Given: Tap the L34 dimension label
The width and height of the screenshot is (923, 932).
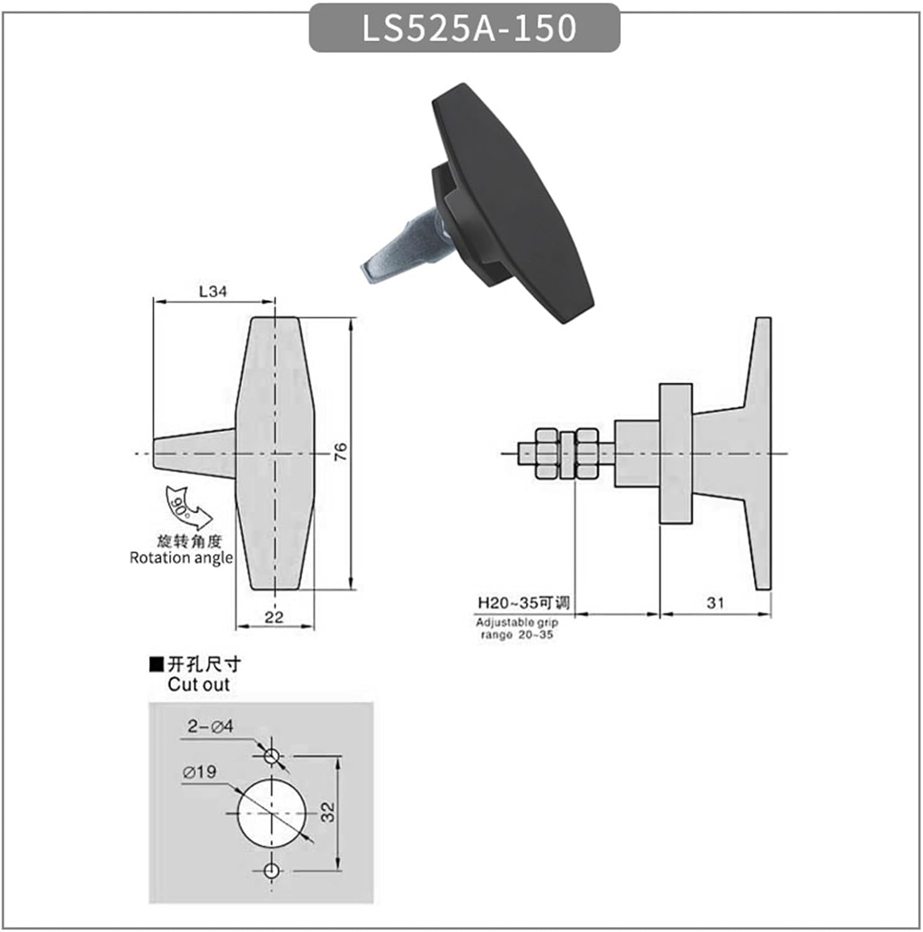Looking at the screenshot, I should (x=213, y=291).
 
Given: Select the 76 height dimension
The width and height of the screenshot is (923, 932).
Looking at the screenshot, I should (x=341, y=452).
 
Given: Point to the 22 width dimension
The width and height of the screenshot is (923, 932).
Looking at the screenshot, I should (x=273, y=617).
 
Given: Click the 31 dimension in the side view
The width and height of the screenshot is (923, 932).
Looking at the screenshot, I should (x=715, y=603).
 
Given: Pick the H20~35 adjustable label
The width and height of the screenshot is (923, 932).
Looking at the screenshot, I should (x=523, y=603).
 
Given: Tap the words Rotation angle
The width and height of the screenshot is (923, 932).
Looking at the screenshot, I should (x=181, y=558).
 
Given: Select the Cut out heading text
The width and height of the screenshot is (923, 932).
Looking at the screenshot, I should (x=198, y=685).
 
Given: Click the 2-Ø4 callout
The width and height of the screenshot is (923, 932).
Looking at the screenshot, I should (x=210, y=726).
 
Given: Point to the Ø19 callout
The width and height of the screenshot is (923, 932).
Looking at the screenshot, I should (x=200, y=772).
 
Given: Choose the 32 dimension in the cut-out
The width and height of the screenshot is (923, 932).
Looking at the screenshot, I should (x=328, y=812).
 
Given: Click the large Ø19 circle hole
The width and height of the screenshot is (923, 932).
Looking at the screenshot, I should (x=272, y=813).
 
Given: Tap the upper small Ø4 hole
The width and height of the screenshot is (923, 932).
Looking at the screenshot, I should (x=272, y=756).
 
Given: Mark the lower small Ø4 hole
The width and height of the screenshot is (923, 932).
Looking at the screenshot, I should (x=271, y=870).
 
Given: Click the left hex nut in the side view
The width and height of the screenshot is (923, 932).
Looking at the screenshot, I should (x=546, y=453).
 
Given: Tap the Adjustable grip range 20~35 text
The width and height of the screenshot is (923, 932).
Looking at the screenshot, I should (x=517, y=628).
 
